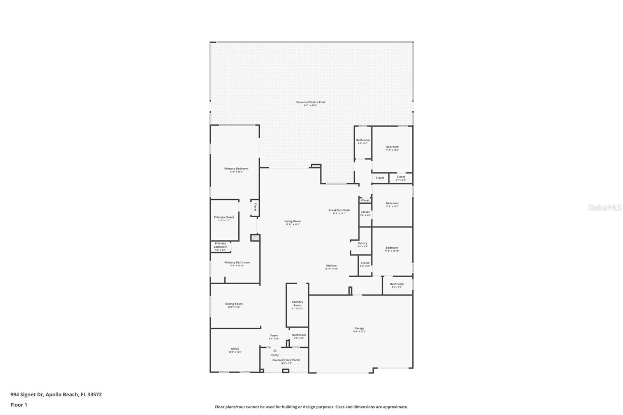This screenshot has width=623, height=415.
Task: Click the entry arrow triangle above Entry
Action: pyautogui.click(x=275, y=350)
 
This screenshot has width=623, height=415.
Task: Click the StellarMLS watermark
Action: pyautogui.click(x=604, y=207)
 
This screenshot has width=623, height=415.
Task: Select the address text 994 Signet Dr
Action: pyautogui.click(x=27, y=394)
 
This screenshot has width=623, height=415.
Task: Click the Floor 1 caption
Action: pyautogui.click(x=19, y=405)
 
